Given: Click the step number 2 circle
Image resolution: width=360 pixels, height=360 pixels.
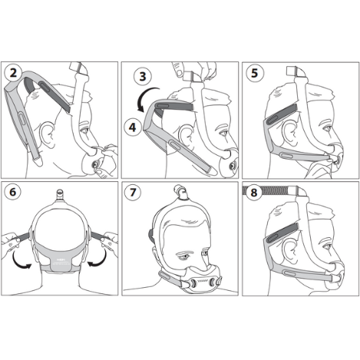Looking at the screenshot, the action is (13, 73).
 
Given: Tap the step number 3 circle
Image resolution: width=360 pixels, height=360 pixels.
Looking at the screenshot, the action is (143, 76).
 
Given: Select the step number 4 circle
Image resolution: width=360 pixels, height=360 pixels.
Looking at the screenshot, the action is (132, 127).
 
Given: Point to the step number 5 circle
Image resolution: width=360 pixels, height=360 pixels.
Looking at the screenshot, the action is (255, 73).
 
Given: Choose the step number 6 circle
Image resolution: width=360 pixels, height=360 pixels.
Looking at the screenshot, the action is (12, 192).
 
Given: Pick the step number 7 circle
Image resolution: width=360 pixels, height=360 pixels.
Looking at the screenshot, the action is (133, 192).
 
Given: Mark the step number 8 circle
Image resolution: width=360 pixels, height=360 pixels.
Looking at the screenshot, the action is (253, 193).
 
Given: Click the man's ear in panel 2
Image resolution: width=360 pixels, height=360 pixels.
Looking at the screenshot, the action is (48, 134).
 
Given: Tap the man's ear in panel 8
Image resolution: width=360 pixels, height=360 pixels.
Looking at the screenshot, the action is (289, 250).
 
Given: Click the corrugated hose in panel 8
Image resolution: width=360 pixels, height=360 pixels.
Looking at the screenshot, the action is (266, 190).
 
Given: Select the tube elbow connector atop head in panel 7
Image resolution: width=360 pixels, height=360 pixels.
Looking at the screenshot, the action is (180, 192).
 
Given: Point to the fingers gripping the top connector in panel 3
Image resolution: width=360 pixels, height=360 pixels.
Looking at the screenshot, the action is (194, 71).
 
